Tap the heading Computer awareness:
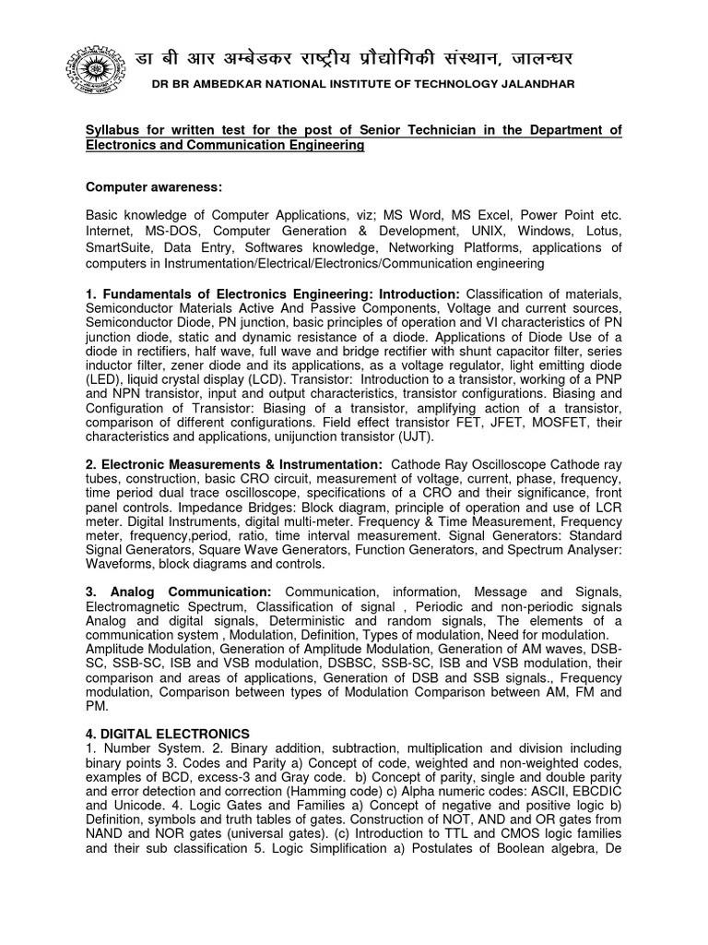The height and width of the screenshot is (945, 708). coord(154,186)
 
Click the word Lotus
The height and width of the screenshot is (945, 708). coord(603,231)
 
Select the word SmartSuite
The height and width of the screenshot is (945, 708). coord(122,247)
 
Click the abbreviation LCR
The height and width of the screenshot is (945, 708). coord(605,510)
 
